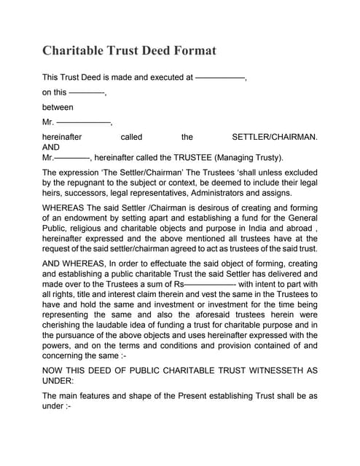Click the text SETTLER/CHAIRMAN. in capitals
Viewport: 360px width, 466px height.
274,137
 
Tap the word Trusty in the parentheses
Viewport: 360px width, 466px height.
265,157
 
